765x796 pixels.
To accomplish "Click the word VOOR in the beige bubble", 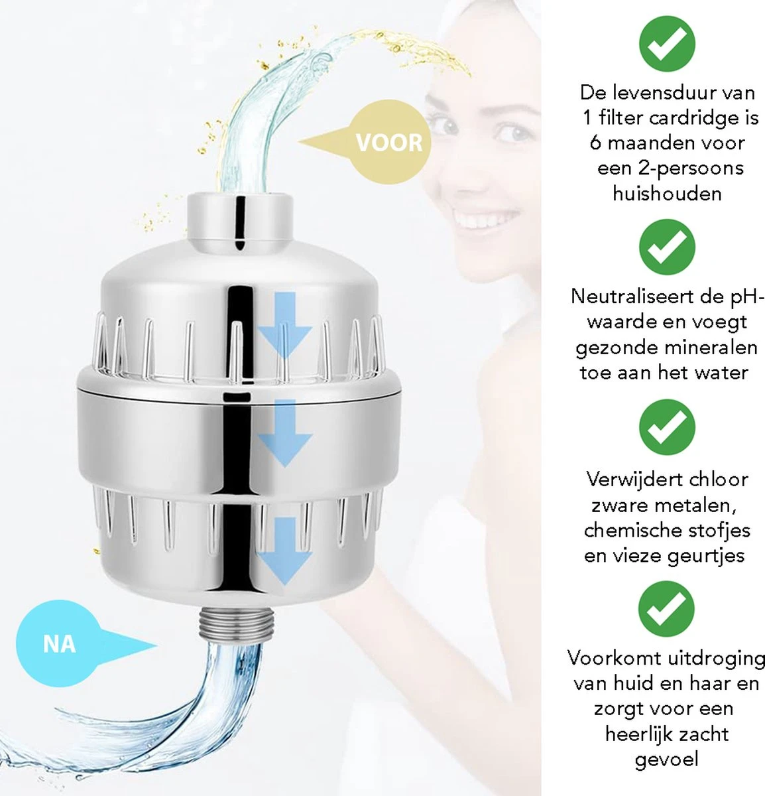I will pyautogui.click(x=388, y=143).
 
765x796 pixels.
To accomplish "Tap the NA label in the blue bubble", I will pyautogui.click(x=59, y=643).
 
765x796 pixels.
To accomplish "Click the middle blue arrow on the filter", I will pyautogui.click(x=284, y=434).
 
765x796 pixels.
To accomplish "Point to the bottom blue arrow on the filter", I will pyautogui.click(x=284, y=551).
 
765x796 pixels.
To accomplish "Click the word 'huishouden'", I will pyautogui.click(x=666, y=194).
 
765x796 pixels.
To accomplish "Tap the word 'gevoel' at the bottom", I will pyautogui.click(x=666, y=760).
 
